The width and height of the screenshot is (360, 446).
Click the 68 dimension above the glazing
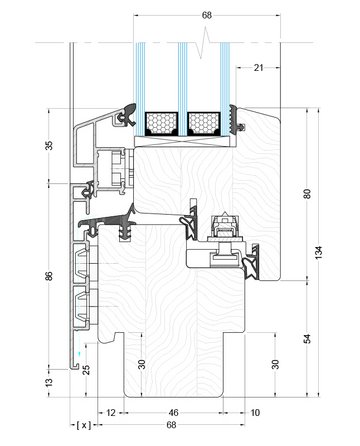(206, 15)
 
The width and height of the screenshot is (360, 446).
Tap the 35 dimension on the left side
(49, 145)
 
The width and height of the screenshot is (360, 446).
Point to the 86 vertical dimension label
(49, 275)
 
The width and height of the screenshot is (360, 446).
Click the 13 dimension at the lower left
(49, 381)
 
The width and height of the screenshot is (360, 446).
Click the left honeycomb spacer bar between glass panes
(162, 124)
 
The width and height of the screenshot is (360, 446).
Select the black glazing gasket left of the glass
(126, 117)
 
